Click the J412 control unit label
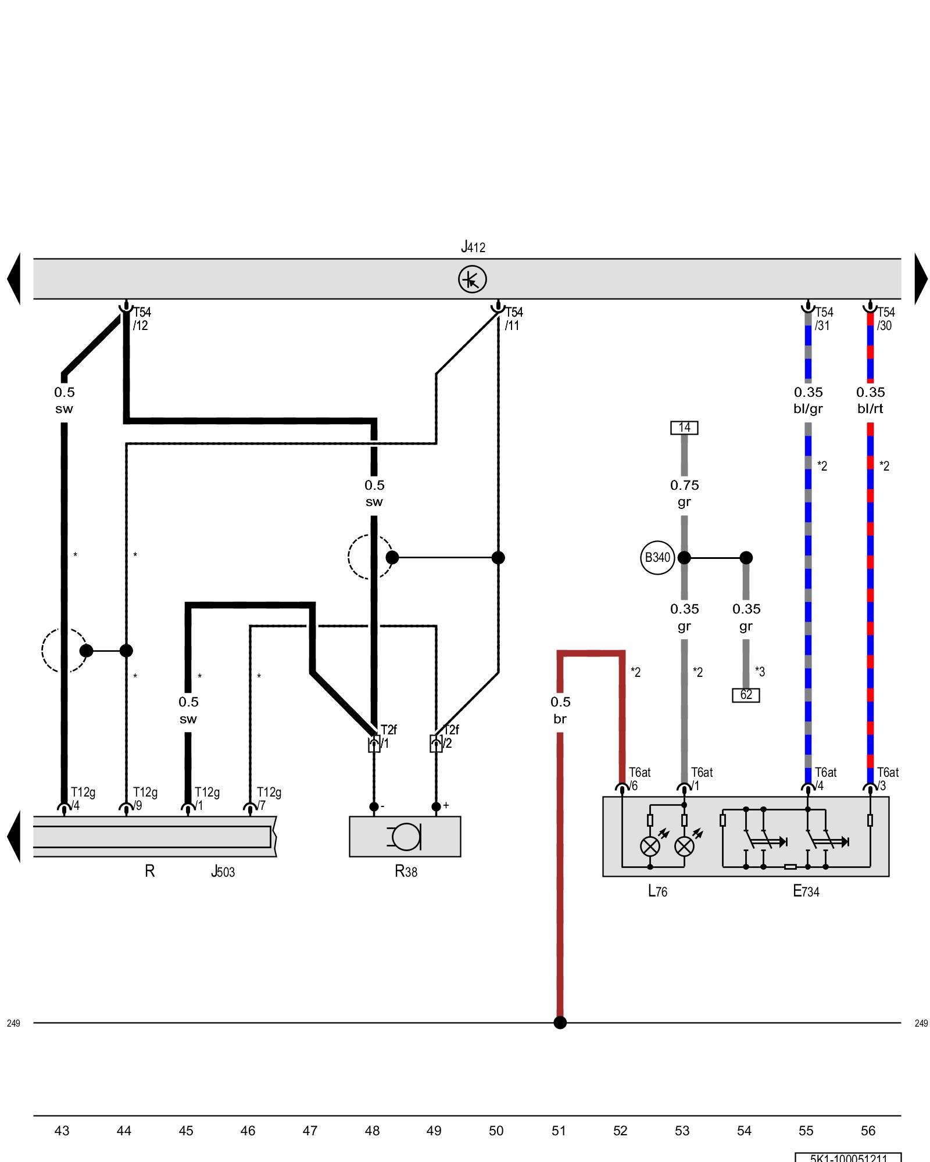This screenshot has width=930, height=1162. pos(473,247)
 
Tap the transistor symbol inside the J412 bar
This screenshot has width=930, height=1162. pos(472,279)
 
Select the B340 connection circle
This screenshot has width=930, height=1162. pos(657,557)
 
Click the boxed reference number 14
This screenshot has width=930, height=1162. pos(684,428)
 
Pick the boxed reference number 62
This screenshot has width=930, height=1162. pos(746,695)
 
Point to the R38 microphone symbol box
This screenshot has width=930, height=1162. pos(405,837)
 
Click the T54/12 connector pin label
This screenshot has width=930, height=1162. pos(141,319)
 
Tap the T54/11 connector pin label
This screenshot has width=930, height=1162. pos(513,319)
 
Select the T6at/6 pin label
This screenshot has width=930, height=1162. pos(638,779)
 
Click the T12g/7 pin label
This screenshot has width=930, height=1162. pos(268,799)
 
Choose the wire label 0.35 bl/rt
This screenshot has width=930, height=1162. pos(870,400)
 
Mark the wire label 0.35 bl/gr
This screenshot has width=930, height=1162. pos(808,400)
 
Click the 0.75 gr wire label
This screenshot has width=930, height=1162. pos(684,493)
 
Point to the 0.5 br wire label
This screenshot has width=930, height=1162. pos(560,710)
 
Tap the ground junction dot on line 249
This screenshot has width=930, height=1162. pos(560,1023)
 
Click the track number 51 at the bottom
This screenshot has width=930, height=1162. pos(558,1131)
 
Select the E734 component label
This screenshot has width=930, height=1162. pos(806,891)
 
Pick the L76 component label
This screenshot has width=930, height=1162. pos(657,891)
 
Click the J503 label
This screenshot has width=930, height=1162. pos(223,871)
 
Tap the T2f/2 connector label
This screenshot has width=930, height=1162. pos(450,737)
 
